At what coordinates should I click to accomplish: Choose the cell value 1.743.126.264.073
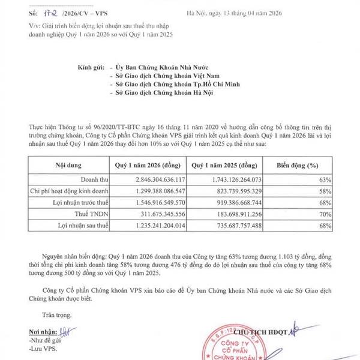226,179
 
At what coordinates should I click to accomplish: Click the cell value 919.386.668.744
230,203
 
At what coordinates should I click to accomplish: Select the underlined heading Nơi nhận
40,331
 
